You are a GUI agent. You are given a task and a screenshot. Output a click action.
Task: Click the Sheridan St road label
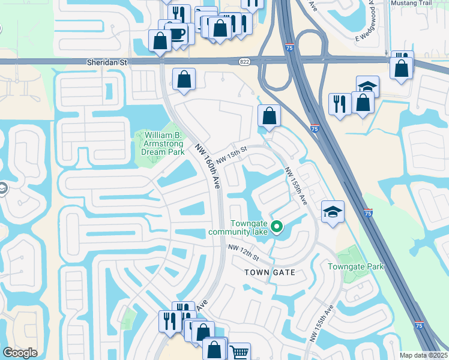[107, 62]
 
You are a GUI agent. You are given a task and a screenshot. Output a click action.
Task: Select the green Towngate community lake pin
[277, 227]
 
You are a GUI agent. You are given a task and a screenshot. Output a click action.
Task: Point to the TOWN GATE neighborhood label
[270, 272]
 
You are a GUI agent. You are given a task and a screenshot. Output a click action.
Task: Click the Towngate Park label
[355, 266]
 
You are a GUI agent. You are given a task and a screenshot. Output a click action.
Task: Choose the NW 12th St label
[243, 253]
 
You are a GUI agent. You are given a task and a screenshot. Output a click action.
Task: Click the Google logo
[20, 353]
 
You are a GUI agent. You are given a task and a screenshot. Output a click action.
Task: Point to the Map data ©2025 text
[424, 355]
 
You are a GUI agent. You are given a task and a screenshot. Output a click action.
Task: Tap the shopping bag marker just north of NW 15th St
[270, 116]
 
